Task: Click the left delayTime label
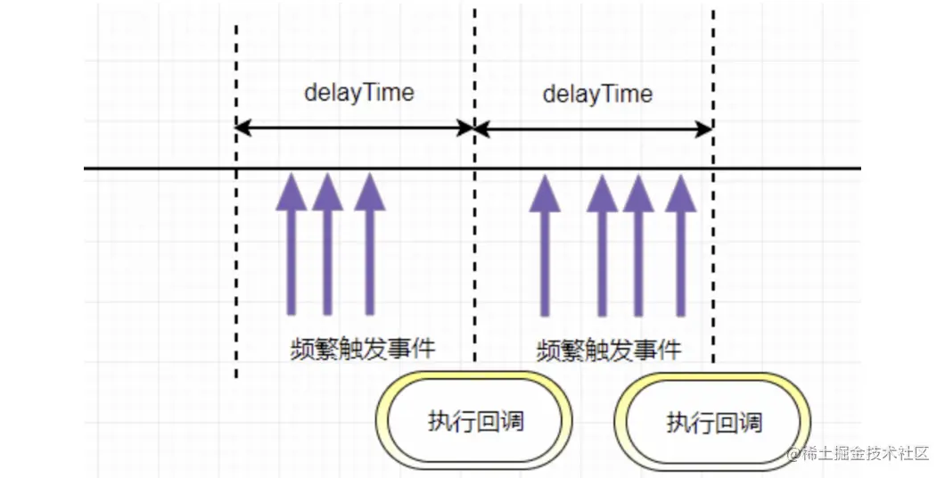[x=359, y=92]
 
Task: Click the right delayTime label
[x=597, y=94]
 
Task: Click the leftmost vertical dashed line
[x=236, y=268]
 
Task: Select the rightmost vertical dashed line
[x=713, y=268]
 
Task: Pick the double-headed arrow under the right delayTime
[x=594, y=129]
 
